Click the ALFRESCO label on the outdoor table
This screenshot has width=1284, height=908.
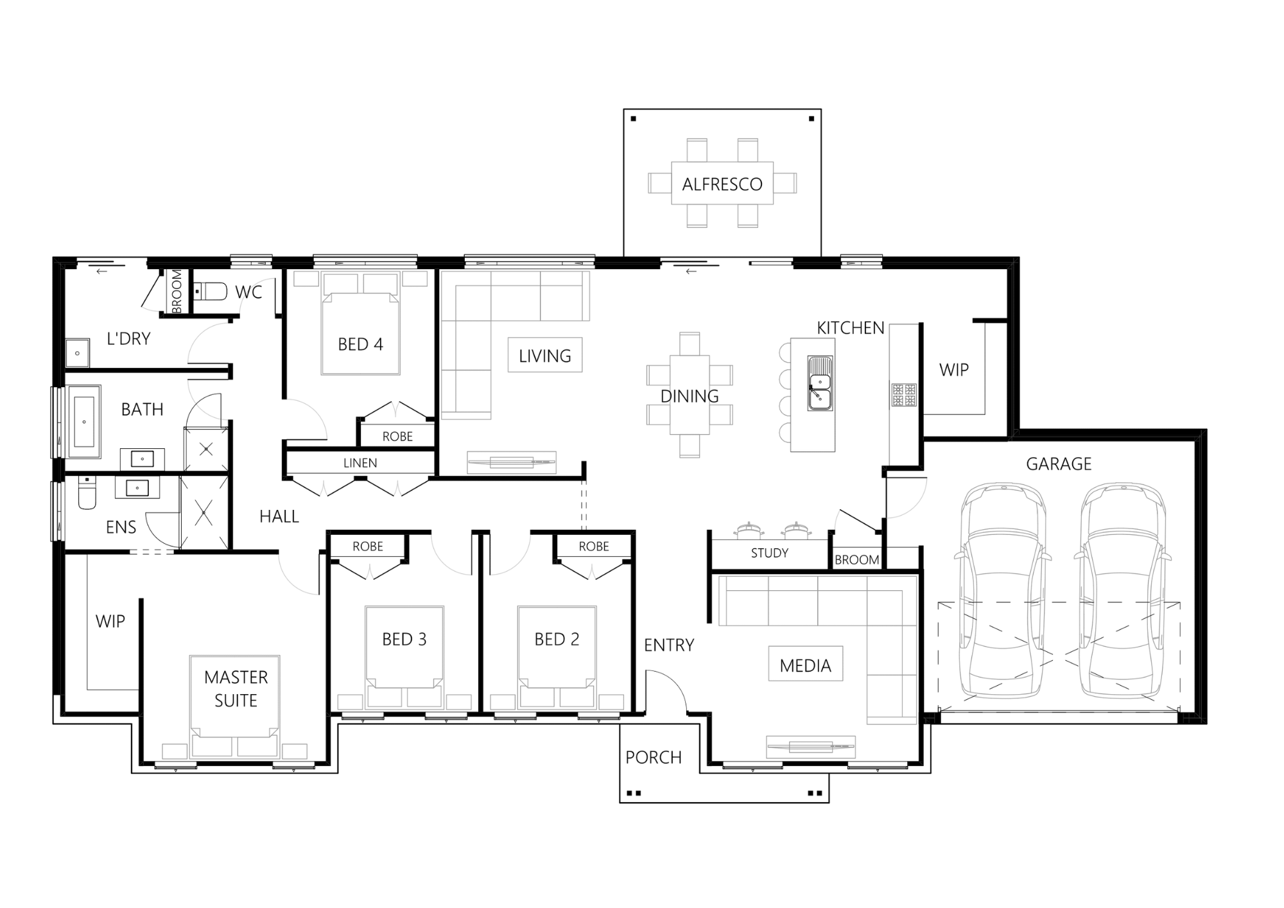[722, 184]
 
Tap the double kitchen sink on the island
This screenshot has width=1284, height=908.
[820, 383]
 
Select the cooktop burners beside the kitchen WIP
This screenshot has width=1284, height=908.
[903, 395]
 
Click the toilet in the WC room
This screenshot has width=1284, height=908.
[211, 292]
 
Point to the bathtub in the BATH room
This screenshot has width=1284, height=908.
[84, 422]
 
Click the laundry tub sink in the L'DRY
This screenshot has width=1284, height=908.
[78, 353]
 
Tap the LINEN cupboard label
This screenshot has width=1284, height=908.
[360, 463]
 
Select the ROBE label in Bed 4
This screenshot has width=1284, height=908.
[397, 437]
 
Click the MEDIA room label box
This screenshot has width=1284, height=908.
[805, 666]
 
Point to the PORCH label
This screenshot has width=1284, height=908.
[654, 758]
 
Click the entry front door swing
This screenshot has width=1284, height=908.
[668, 690]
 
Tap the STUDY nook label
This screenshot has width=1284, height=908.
[769, 553]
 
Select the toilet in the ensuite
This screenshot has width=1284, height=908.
[87, 494]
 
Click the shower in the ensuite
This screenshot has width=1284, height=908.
[204, 512]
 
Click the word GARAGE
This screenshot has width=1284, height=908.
[1059, 464]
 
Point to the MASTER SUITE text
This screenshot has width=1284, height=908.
[236, 688]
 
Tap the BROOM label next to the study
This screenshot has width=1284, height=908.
[856, 560]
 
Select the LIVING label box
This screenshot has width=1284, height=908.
[545, 356]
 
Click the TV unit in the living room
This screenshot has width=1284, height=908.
[512, 461]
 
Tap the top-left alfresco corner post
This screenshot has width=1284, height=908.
[634, 119]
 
